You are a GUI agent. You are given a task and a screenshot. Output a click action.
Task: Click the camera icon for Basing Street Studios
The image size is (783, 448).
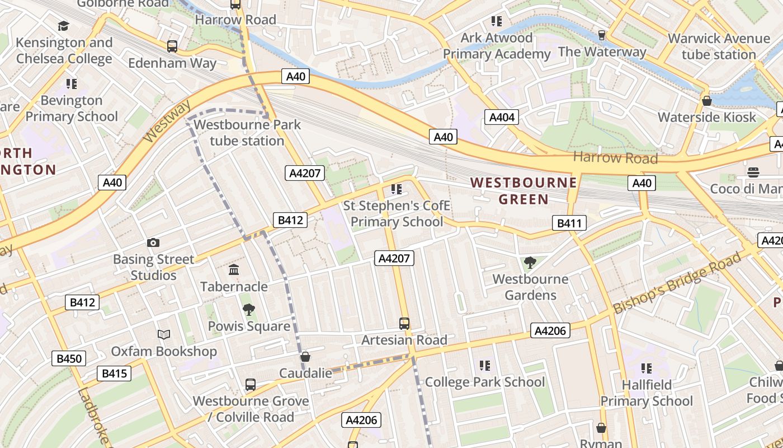click(x=153, y=242)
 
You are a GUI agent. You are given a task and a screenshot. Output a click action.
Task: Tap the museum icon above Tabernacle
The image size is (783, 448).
click(x=234, y=270)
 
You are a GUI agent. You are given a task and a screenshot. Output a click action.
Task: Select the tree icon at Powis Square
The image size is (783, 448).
click(x=249, y=310)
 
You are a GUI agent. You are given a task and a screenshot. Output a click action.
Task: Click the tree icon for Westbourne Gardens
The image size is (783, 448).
click(x=530, y=262)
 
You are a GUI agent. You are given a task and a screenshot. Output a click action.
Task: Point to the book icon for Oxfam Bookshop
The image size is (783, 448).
click(x=163, y=334)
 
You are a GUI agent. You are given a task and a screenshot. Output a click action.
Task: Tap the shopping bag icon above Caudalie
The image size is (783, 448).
click(x=305, y=357)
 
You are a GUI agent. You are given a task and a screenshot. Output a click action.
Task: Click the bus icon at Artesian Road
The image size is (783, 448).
click(x=404, y=323)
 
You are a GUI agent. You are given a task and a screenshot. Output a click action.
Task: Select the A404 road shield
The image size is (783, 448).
click(x=502, y=117)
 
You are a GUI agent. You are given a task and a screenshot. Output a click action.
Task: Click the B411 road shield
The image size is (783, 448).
click(x=569, y=223)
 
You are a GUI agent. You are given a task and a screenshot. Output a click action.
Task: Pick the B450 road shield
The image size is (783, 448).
click(x=69, y=358)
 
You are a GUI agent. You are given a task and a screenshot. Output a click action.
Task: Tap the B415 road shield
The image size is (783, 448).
click(x=114, y=374)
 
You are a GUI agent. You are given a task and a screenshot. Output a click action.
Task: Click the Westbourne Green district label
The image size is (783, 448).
click(x=523, y=191)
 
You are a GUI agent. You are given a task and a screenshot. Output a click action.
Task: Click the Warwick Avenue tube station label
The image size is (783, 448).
click(x=719, y=46)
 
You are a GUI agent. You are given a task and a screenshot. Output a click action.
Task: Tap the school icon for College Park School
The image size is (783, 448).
click(x=485, y=366)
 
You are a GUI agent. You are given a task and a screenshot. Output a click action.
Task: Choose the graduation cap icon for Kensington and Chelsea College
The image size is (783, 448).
click(x=63, y=26)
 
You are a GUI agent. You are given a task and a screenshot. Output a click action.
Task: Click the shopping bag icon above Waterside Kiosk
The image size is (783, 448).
click(x=707, y=101)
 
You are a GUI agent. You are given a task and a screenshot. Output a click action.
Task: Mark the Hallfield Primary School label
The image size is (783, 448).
click(x=647, y=393)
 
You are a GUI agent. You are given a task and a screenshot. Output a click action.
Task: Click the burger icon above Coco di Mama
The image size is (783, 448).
click(x=753, y=172)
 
